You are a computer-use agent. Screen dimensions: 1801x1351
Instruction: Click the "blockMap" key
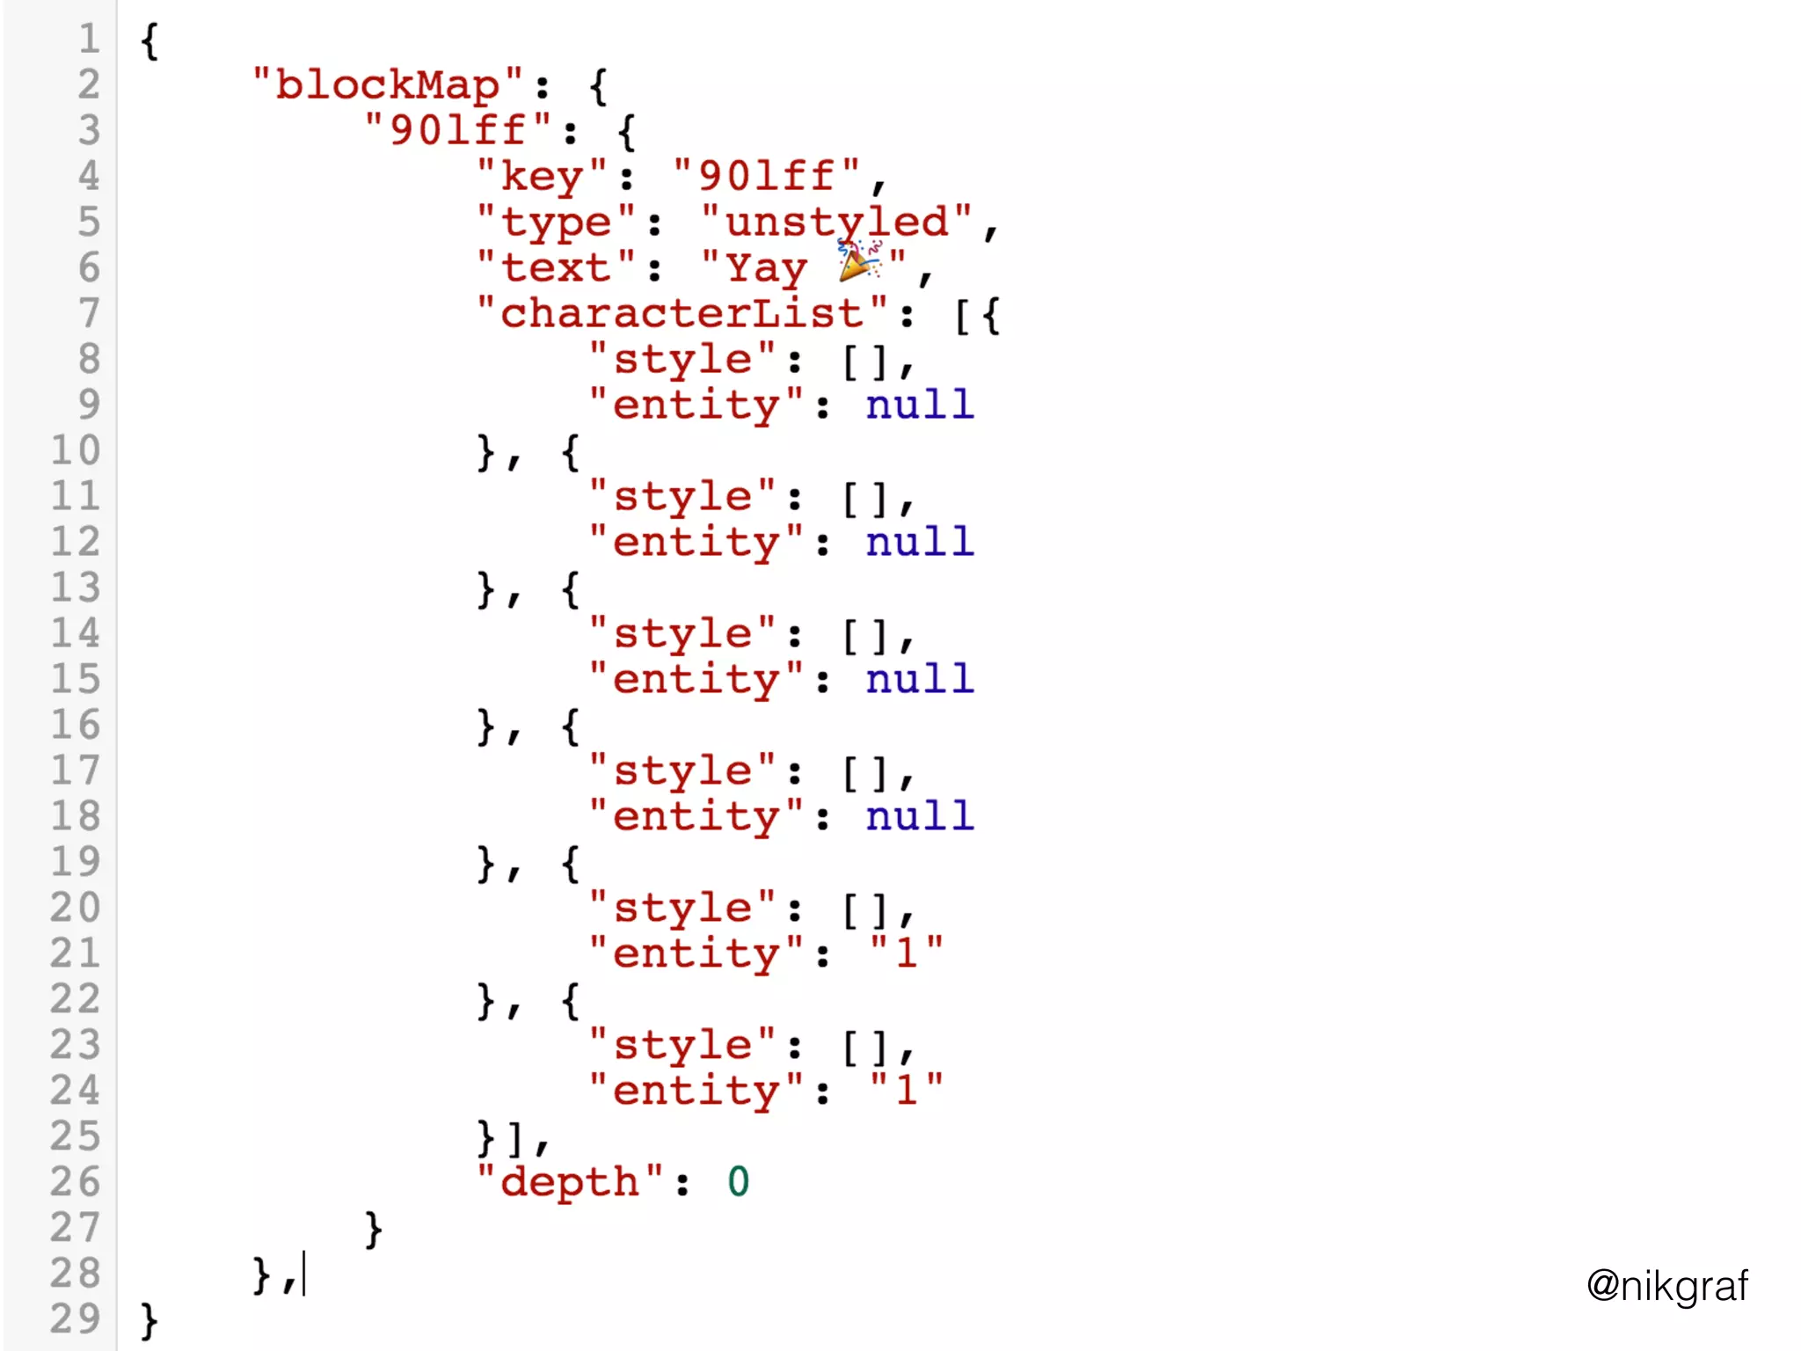[x=388, y=84]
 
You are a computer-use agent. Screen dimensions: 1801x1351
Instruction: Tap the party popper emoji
[x=858, y=261]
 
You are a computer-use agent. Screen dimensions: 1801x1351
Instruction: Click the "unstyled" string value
[x=836, y=222]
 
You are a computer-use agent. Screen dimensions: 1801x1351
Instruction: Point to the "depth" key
[x=569, y=1181]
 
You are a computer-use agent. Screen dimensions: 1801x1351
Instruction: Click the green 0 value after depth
[x=738, y=1181]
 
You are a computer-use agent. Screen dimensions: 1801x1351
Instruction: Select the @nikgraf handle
[x=1666, y=1285]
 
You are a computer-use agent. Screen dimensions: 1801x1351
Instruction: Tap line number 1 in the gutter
[x=89, y=39]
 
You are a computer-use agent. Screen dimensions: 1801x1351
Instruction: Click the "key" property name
[x=541, y=176]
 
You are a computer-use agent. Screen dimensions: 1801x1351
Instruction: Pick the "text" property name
[x=555, y=267]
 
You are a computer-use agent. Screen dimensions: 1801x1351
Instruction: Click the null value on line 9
[x=919, y=405]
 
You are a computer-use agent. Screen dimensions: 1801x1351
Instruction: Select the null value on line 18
[x=919, y=816]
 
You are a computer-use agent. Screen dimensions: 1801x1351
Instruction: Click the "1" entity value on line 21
[x=907, y=953]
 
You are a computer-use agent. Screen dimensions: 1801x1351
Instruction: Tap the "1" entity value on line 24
[x=907, y=1090]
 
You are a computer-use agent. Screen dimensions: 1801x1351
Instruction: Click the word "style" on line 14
[x=682, y=633]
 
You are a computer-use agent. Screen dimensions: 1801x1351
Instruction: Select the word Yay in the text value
[x=766, y=267]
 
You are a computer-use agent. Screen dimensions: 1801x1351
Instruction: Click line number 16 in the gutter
[x=75, y=725]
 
